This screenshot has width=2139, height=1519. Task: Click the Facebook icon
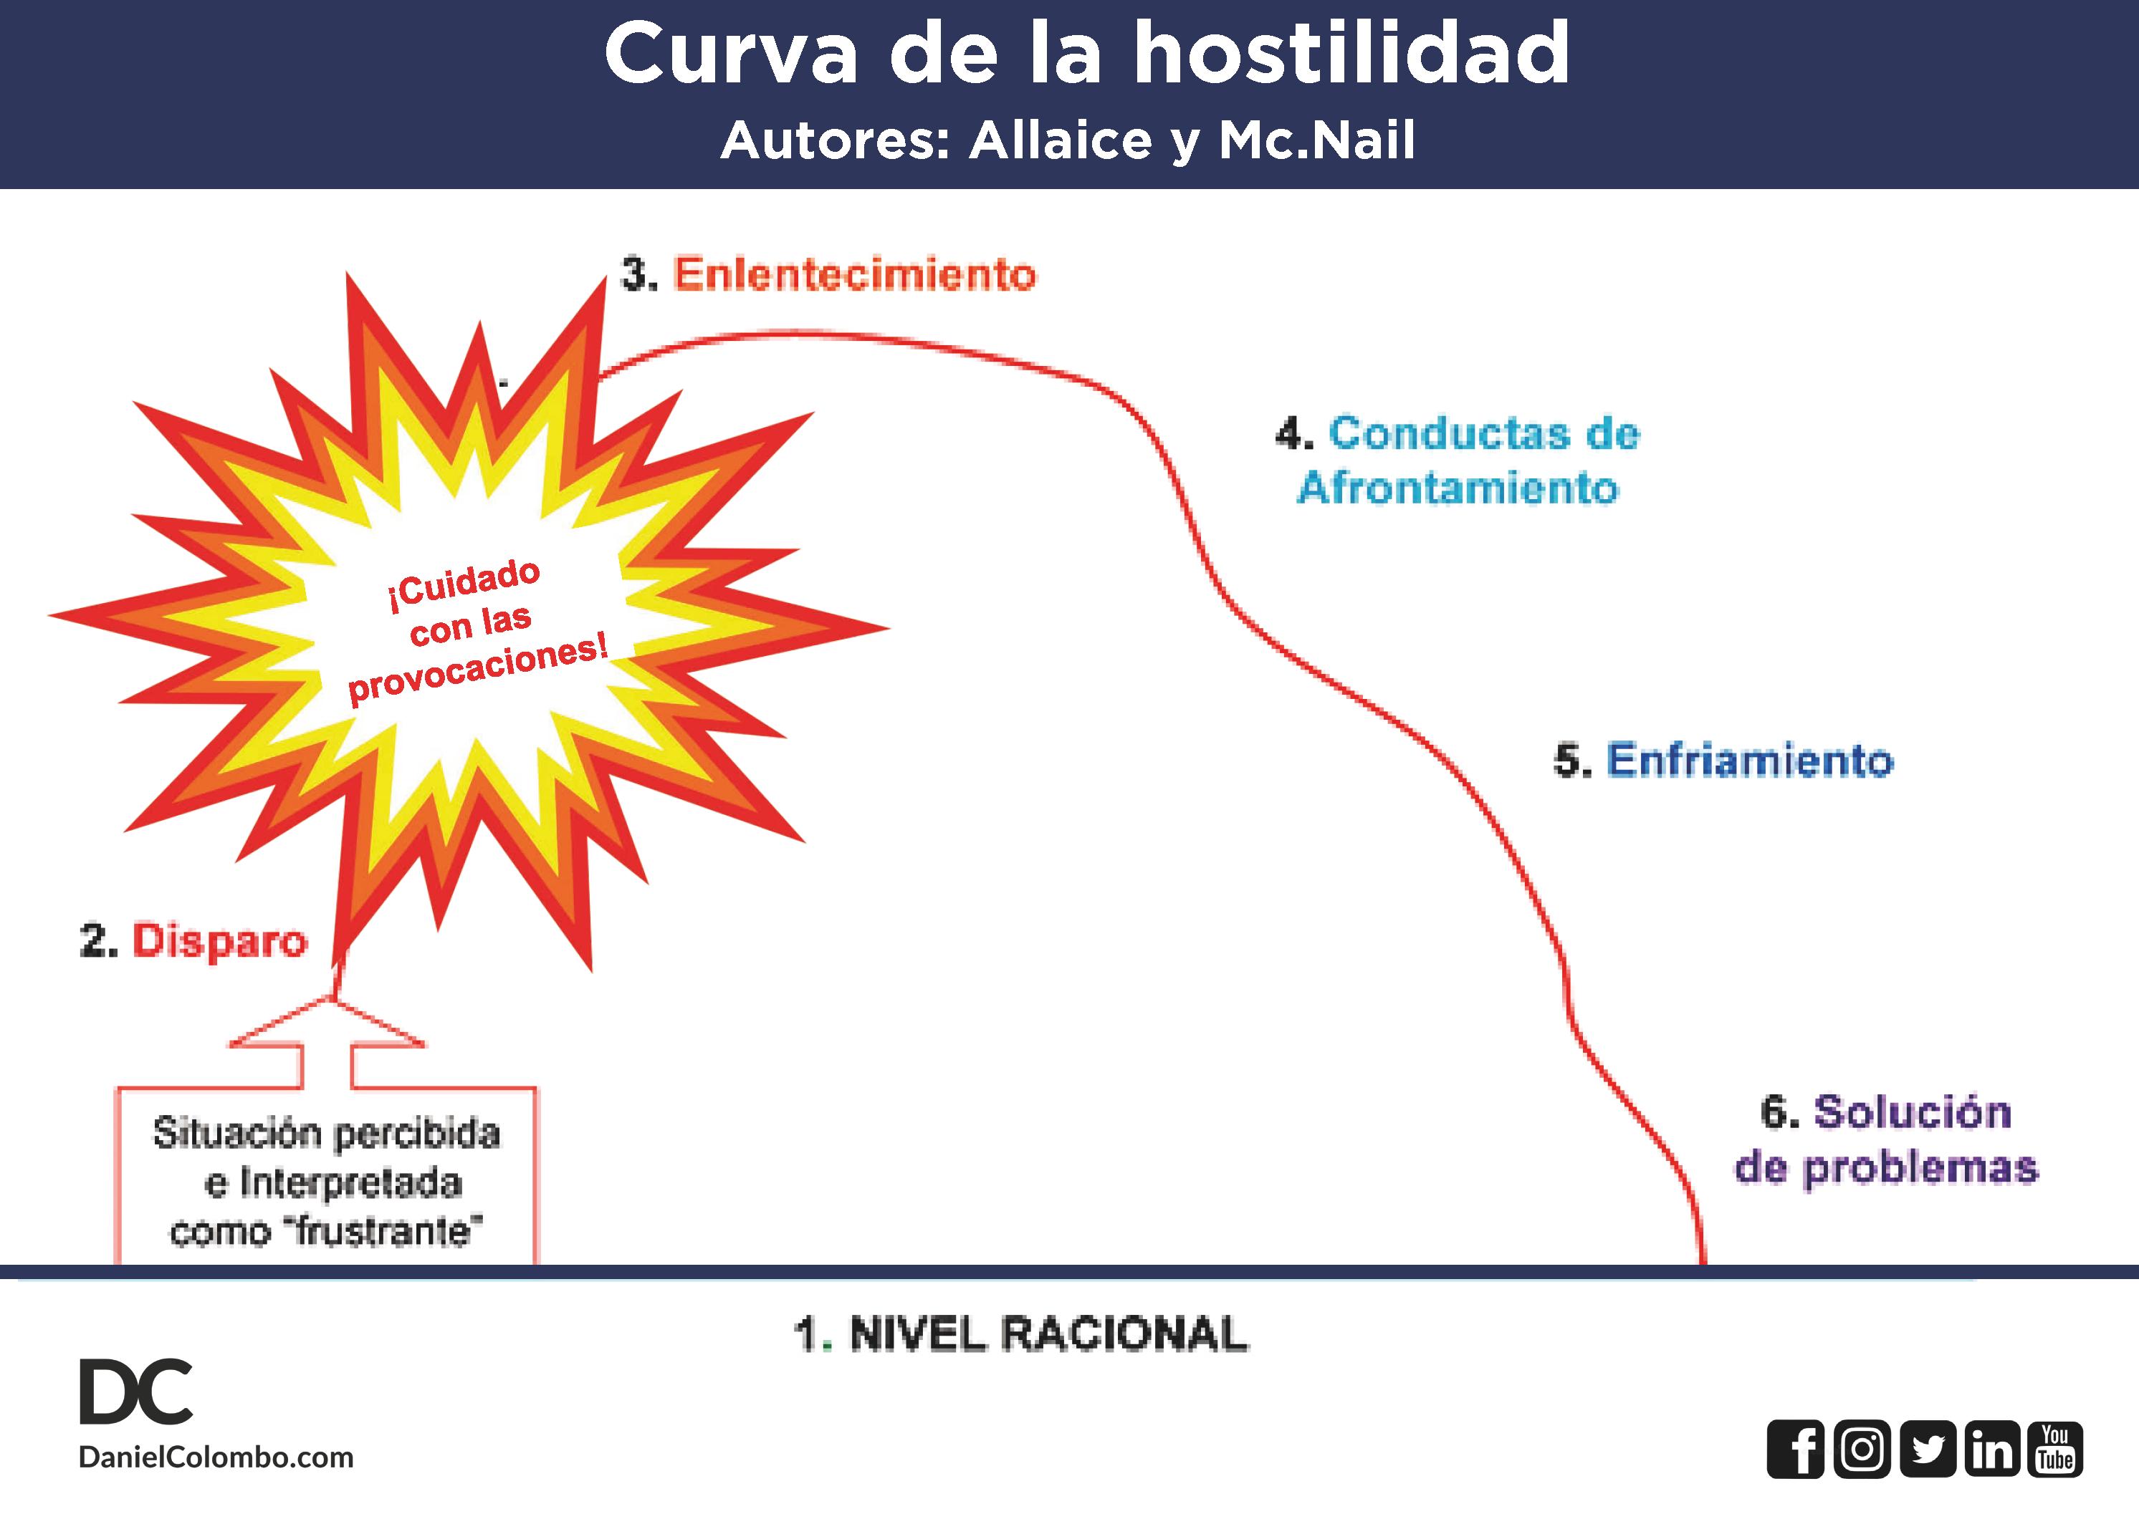click(x=1794, y=1450)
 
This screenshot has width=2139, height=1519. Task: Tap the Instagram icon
click(x=1861, y=1450)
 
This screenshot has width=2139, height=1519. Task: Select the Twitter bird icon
click(x=1928, y=1450)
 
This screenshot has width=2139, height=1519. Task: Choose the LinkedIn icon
click(x=1992, y=1450)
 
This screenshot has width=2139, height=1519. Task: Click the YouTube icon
click(x=2056, y=1450)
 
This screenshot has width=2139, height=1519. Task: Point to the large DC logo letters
click(x=135, y=1392)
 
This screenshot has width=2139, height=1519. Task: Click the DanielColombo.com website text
click(x=216, y=1457)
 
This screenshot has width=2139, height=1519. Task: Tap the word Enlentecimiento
click(x=854, y=274)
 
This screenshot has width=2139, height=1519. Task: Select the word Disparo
click(x=220, y=940)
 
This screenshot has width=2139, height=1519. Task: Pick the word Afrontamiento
click(x=1458, y=488)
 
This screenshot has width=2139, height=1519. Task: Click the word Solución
click(x=1912, y=1112)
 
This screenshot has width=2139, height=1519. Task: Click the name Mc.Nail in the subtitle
click(x=1316, y=140)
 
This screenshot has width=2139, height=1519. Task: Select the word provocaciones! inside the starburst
click(x=478, y=668)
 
